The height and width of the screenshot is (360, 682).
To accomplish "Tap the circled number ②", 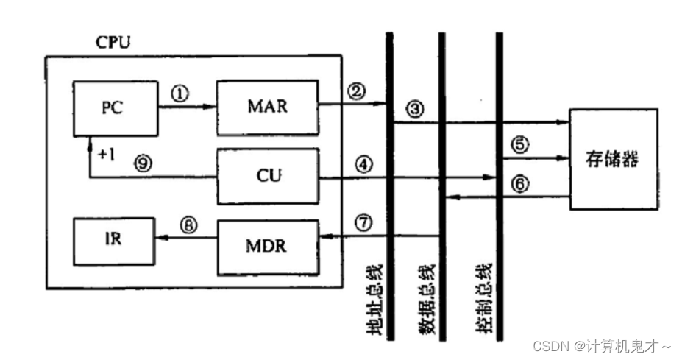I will [x=357, y=92].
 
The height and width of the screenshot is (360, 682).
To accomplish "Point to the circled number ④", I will [x=357, y=163].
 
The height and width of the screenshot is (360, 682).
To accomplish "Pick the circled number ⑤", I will [x=521, y=145].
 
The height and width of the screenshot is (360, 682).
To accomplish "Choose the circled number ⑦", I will [x=357, y=222].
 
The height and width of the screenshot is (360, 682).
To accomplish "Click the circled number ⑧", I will [x=189, y=227].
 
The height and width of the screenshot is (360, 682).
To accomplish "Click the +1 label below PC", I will [x=106, y=155].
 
